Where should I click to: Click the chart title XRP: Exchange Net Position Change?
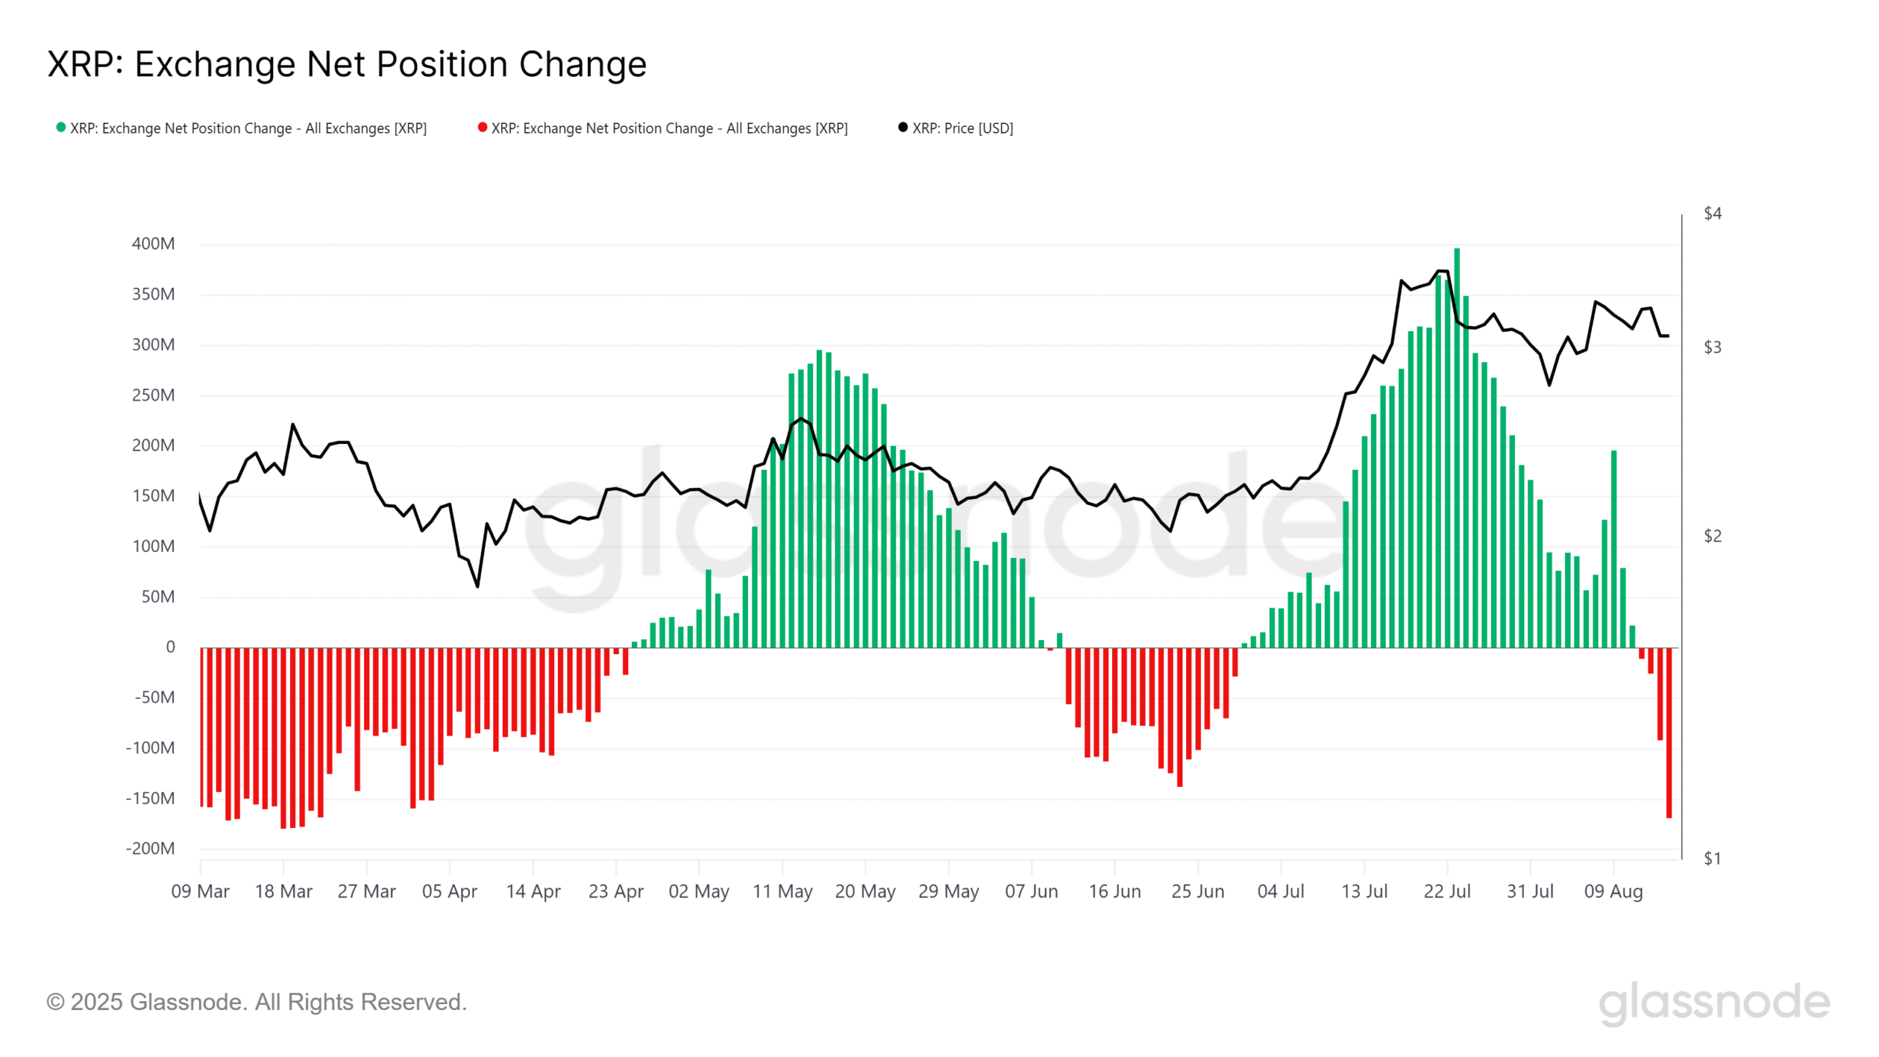tap(346, 64)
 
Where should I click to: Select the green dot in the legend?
tap(61, 127)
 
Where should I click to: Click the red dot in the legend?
tap(482, 127)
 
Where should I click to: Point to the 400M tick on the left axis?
tap(153, 244)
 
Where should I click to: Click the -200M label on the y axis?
tap(150, 849)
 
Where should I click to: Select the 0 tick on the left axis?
tap(170, 647)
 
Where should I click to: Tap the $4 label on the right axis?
tap(1712, 214)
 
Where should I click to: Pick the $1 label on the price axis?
tap(1712, 858)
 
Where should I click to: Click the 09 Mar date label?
tap(200, 891)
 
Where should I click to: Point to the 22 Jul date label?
tap(1447, 891)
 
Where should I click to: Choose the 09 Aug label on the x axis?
tap(1613, 891)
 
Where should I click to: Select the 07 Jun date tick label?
tap(1031, 891)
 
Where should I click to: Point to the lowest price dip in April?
tap(478, 586)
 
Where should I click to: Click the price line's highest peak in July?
tap(1442, 271)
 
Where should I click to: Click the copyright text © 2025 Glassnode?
tap(256, 1002)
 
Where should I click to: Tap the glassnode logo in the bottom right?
tap(1714, 1003)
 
